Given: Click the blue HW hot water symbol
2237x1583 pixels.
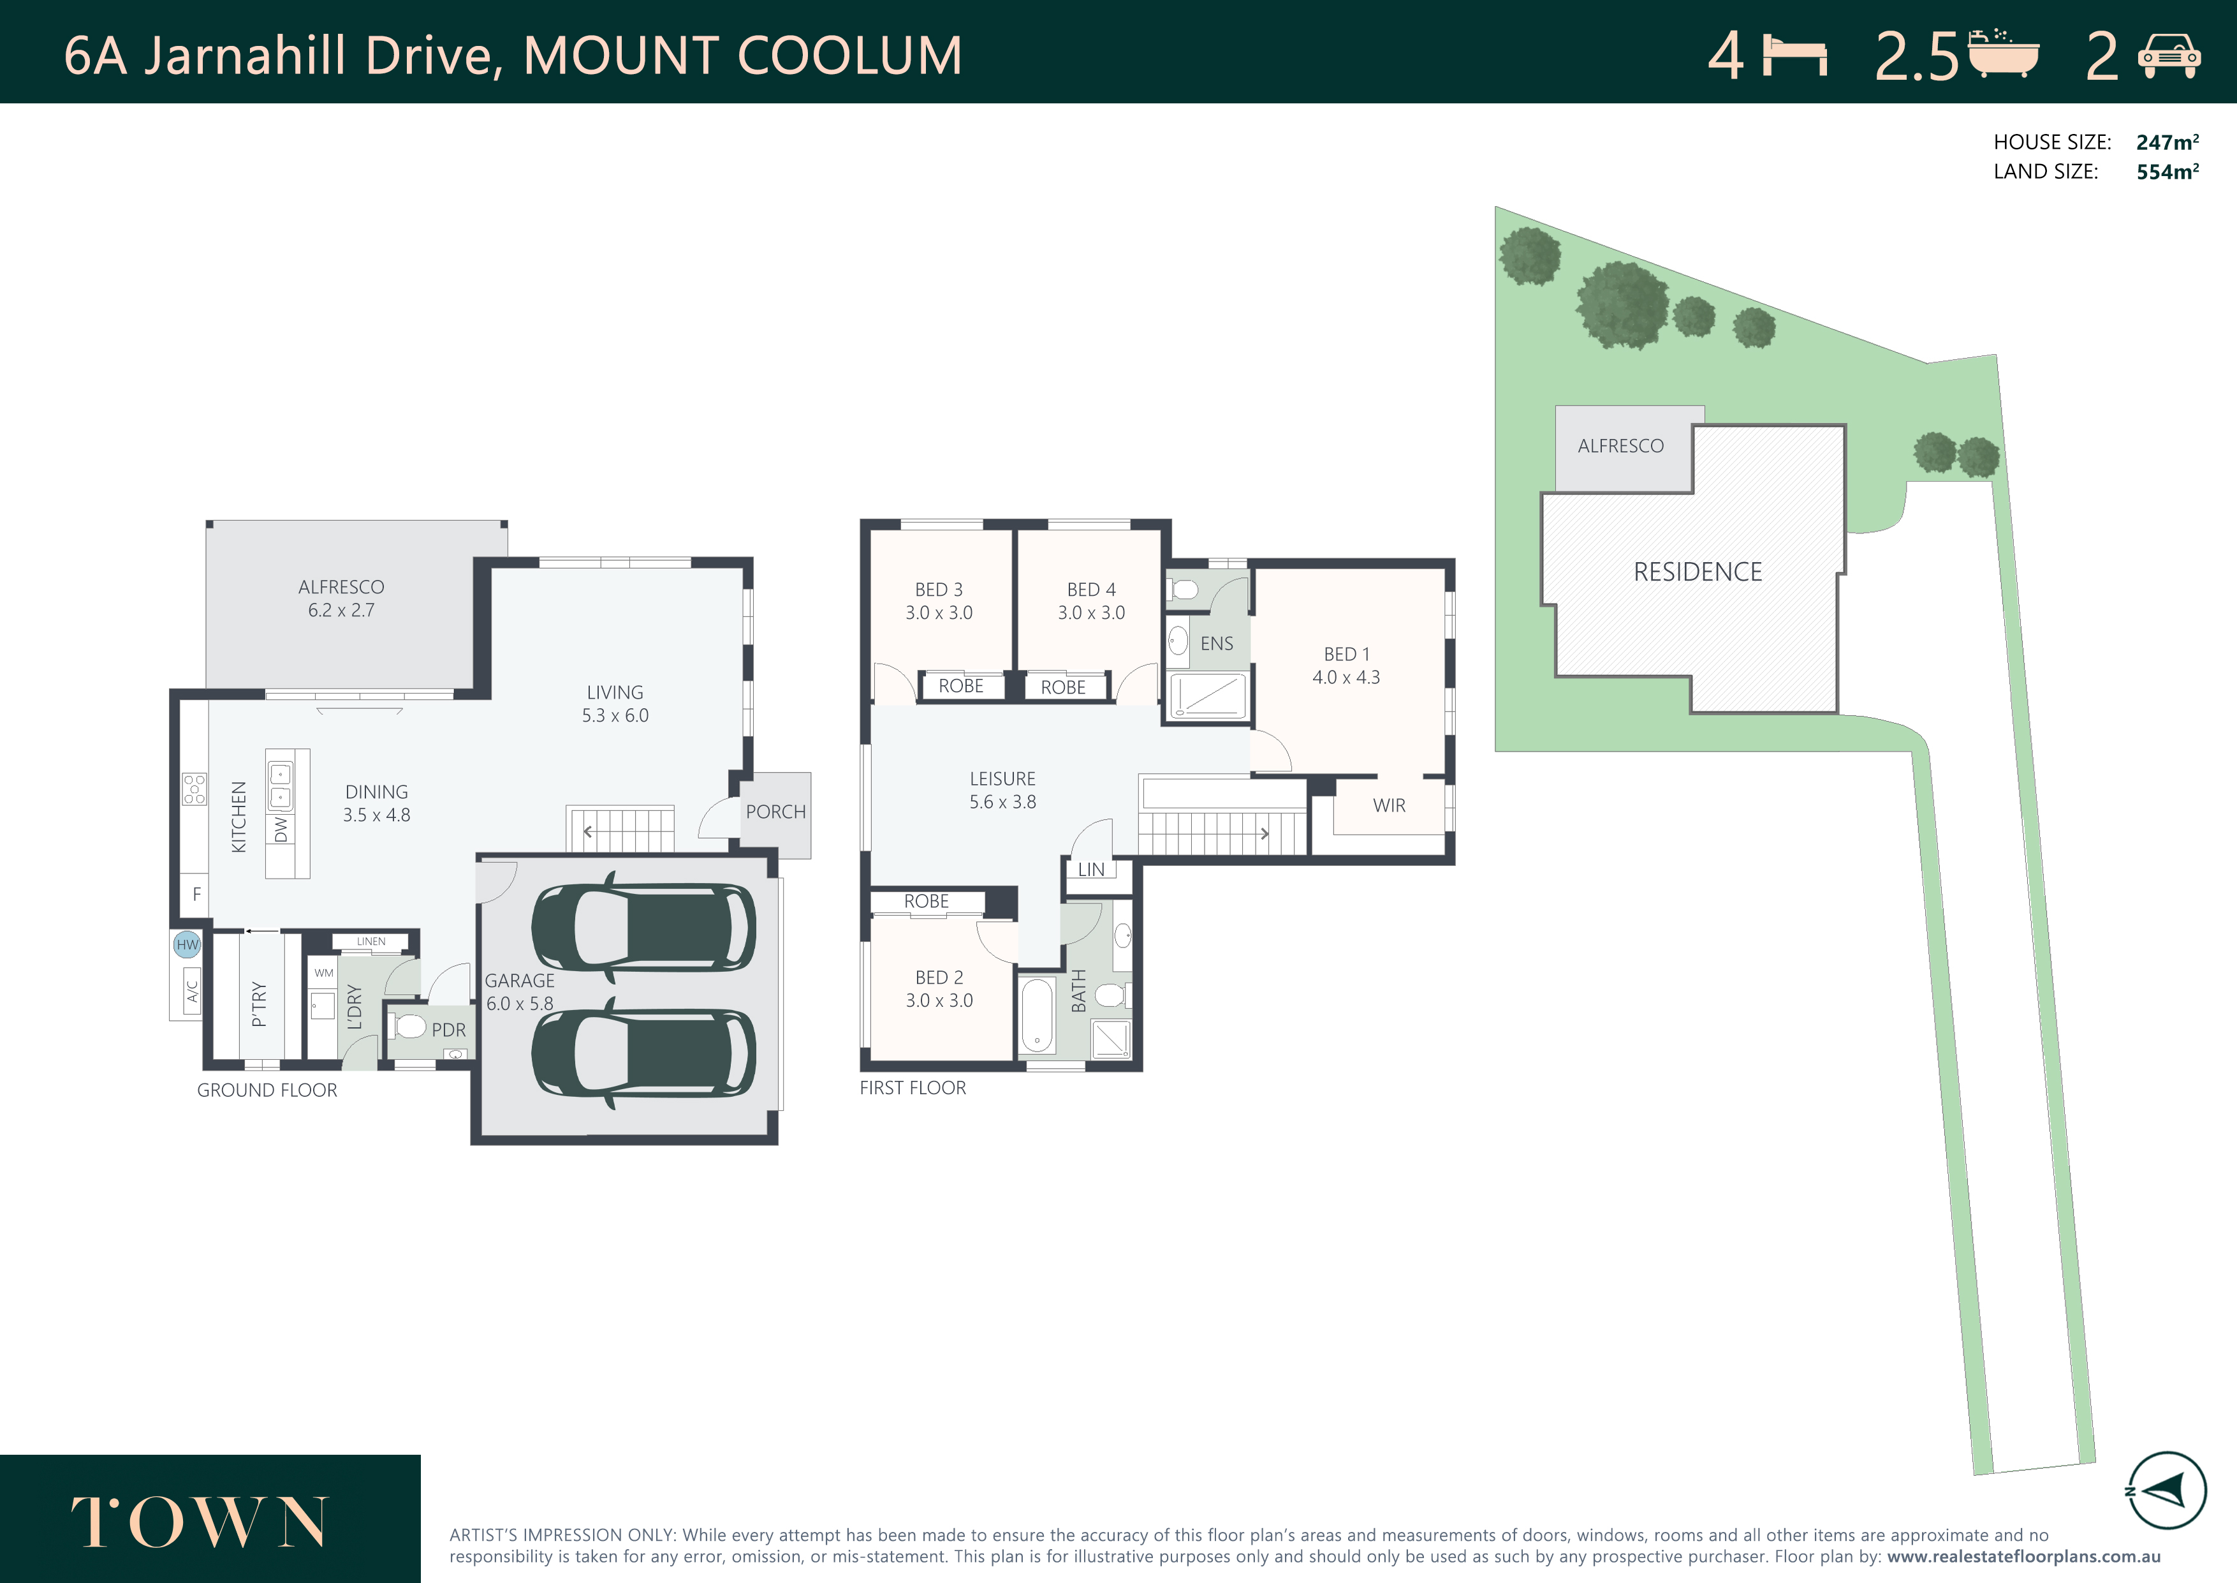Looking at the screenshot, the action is (187, 944).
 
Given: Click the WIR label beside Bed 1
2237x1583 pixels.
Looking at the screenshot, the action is (1390, 806).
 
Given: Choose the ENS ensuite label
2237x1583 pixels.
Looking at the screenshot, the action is (1217, 643).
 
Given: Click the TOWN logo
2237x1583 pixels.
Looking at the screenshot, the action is (200, 1522).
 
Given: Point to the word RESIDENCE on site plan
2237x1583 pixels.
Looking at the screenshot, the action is (1698, 572).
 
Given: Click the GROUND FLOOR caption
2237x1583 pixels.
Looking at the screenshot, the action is (267, 1090).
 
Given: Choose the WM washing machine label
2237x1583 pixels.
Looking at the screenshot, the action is (323, 973).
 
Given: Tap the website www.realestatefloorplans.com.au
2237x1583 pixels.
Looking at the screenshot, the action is (2023, 1557).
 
